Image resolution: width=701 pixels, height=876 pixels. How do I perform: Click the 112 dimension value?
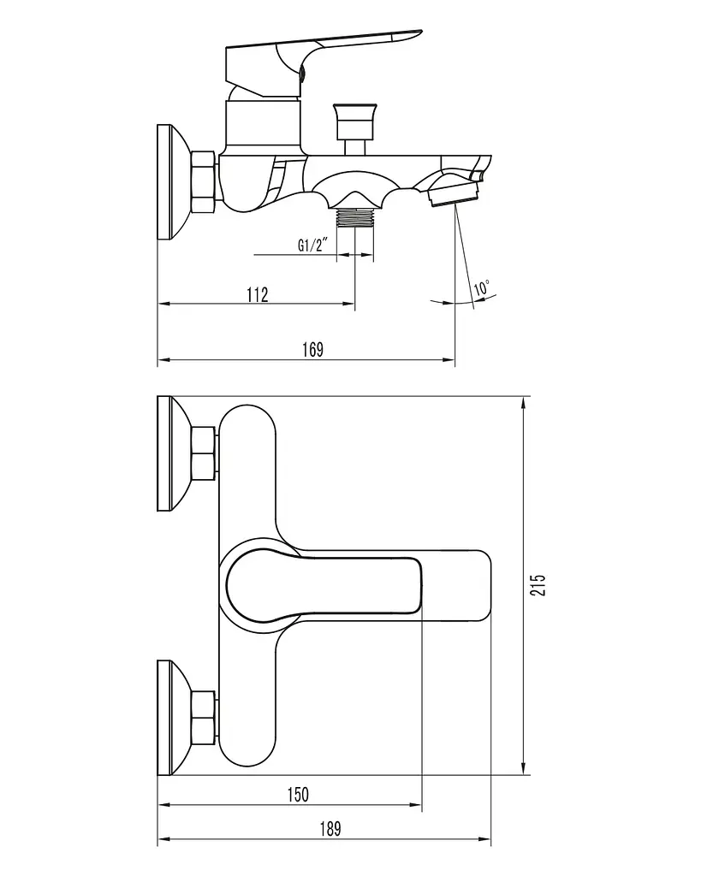257,294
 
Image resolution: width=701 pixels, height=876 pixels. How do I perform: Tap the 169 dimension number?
312,350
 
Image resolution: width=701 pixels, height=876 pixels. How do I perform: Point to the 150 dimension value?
297,795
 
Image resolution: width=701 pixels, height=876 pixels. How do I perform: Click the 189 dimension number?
330,829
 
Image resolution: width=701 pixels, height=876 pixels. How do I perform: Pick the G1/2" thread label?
311,245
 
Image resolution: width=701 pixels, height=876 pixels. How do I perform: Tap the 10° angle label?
482,287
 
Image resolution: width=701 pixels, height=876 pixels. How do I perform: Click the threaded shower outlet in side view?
355,216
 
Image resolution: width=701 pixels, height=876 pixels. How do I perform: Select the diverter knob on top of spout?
354,127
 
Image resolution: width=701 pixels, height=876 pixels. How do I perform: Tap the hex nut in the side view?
204,181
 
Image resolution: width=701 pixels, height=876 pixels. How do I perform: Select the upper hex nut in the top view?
204,453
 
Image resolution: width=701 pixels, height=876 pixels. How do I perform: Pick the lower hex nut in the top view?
204,718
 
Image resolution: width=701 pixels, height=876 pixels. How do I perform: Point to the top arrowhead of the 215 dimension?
524,403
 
